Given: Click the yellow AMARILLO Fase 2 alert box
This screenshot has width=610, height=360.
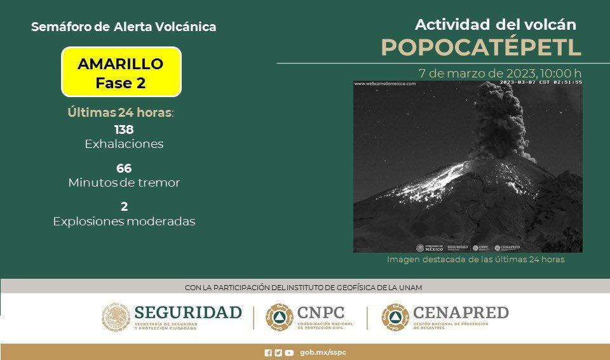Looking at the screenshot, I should point(121,72).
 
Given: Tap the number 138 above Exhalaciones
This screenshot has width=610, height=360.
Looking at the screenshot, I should point(124,130).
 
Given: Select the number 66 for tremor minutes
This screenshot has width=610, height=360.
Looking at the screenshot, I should point(124,168).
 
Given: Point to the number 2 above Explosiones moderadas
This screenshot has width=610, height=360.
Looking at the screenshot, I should point(124,207).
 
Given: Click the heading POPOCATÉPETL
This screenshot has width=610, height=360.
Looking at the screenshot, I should point(481,48).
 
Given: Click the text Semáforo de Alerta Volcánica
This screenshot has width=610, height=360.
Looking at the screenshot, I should point(123,27).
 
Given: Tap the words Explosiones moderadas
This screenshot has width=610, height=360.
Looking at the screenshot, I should point(124,222).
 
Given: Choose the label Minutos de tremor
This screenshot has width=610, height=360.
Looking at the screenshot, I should point(124,183).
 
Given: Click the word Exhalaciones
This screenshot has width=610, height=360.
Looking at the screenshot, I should point(124,144).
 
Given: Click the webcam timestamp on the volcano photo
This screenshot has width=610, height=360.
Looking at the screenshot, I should point(540,83).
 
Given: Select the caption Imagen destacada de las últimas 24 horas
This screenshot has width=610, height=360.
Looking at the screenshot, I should point(475,260).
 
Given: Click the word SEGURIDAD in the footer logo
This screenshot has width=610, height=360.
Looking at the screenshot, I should point(188,312).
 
